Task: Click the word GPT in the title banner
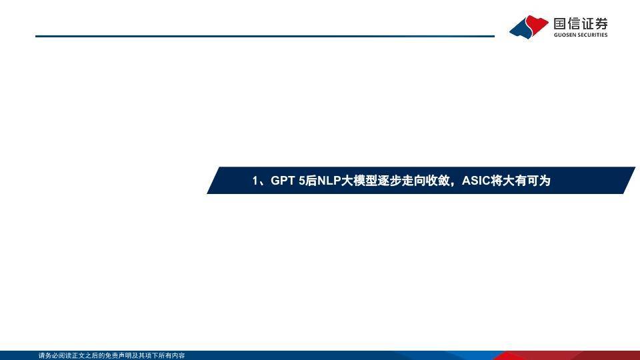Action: click(283, 181)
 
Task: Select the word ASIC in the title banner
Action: click(476, 181)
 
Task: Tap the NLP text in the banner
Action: click(329, 181)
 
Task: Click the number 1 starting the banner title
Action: click(255, 181)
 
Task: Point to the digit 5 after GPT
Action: click(301, 181)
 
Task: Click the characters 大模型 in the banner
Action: click(359, 181)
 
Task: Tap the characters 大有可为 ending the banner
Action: click(527, 181)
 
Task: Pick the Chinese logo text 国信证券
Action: click(581, 24)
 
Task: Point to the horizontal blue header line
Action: click(265, 36)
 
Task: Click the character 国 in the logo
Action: click(560, 24)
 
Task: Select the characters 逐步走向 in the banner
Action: click(401, 181)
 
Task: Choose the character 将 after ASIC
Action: click(497, 181)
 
